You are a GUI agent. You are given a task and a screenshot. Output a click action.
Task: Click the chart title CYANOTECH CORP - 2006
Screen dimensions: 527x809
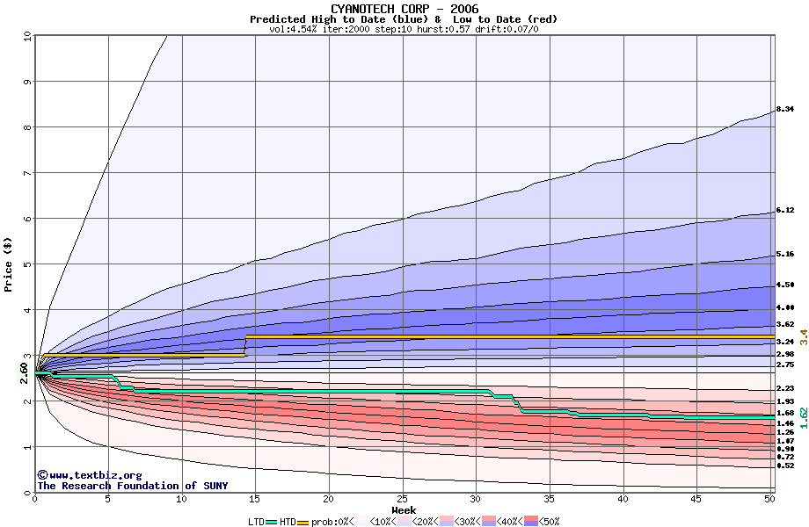pyautogui.click(x=404, y=9)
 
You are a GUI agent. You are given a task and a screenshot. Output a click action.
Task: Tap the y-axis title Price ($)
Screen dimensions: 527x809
pyautogui.click(x=9, y=264)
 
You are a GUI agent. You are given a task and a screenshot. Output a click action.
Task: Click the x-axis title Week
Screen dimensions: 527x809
pyautogui.click(x=404, y=510)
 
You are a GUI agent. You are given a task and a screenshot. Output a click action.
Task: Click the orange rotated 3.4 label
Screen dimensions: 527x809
pyautogui.click(x=803, y=336)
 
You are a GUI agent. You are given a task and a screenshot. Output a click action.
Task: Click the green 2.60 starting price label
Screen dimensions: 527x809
pyautogui.click(x=24, y=373)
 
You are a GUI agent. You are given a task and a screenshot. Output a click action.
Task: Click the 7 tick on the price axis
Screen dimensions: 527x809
pyautogui.click(x=26, y=173)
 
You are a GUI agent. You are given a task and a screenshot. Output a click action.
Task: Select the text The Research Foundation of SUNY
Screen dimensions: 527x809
pyautogui.click(x=129, y=486)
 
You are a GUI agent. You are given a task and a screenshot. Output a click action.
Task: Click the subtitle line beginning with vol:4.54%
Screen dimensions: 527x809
pyautogui.click(x=404, y=29)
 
